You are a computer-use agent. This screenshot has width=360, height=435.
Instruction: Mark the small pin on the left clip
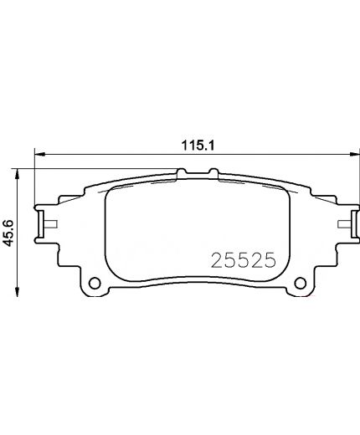(x=51, y=223)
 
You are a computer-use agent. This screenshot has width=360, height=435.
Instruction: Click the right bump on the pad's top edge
(x=213, y=172)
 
